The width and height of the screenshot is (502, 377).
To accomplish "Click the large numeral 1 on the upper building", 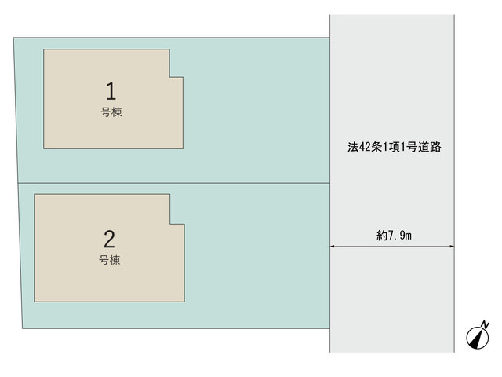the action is pos(111,91).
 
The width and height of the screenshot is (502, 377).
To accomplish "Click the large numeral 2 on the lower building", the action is pos(110,239).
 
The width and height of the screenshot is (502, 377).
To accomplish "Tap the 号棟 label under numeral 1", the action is pos(111,112).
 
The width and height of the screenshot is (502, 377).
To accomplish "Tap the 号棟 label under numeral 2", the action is pos(110,260).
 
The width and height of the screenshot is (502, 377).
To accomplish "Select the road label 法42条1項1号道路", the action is pos(395,147).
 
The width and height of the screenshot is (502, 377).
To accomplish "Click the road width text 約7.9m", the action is pos(394,236).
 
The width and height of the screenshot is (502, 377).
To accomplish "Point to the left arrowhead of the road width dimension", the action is pos(333,247).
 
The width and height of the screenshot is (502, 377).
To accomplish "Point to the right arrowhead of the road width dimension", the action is pos(452,247).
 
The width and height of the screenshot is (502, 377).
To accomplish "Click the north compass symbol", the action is pos(478,338).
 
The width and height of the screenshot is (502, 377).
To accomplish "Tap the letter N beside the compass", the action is pos(486,324).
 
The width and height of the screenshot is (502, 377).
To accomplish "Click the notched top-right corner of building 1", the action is pos(169,77).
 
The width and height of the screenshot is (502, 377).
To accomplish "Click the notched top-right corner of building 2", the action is pos(169,224).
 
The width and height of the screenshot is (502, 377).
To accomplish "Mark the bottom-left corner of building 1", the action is pos(44,148).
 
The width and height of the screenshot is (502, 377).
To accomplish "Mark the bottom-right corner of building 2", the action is pos(184,302).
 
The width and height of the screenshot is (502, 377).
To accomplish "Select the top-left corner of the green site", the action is pos(13,38).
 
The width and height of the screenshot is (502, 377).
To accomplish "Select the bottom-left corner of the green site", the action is pos(23,328).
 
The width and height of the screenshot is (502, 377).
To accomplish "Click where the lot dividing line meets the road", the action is pos(330,183).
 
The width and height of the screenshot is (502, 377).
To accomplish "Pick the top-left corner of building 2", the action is pos(35,194).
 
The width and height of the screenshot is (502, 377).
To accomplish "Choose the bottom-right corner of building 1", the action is pos(183,148).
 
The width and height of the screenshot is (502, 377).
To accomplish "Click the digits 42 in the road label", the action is pos(365,147).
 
